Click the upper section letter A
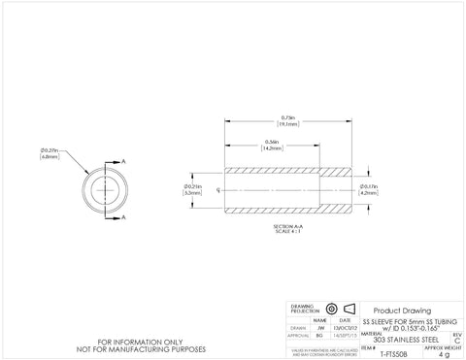tap(124, 161)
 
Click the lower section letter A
tap(124, 219)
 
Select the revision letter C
tap(459, 338)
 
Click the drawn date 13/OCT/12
tap(347, 328)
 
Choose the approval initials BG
tap(321, 337)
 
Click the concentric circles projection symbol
tap(332, 308)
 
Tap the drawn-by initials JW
tap(321, 328)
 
